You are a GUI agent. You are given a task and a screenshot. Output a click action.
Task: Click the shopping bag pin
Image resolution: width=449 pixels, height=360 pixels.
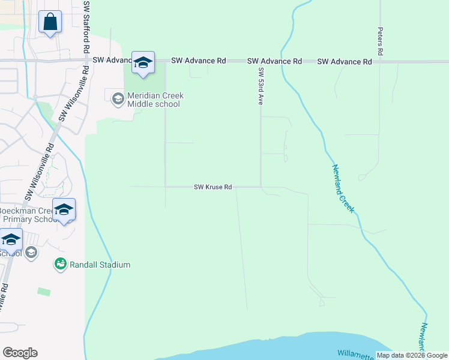[x=50, y=23]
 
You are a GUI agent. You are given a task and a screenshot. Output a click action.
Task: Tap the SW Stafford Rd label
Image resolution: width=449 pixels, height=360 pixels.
[x=86, y=26]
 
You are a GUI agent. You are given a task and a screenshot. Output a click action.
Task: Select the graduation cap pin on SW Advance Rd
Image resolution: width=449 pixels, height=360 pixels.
[x=143, y=62]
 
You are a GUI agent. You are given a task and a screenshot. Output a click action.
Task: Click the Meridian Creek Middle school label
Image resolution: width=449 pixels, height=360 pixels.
[x=155, y=100]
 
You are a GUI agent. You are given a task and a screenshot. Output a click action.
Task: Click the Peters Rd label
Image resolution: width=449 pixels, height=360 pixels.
[x=381, y=41]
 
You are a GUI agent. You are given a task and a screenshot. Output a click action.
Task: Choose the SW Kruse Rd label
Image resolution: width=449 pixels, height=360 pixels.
[x=212, y=187]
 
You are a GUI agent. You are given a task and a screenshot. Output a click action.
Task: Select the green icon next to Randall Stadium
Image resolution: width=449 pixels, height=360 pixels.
[x=60, y=264]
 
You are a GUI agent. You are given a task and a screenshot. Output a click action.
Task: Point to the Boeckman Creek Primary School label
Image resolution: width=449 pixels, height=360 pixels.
[x=27, y=215]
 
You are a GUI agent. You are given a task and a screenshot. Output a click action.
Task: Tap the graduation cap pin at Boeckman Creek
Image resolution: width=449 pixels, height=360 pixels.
[x=64, y=210]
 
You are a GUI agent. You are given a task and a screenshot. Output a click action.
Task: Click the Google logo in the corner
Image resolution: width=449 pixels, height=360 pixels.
[x=20, y=353]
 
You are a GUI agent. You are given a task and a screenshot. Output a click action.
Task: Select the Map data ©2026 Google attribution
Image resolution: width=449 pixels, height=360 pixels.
[x=412, y=355]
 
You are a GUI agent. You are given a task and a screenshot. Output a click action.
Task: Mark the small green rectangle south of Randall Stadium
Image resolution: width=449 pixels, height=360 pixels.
[x=43, y=292]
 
